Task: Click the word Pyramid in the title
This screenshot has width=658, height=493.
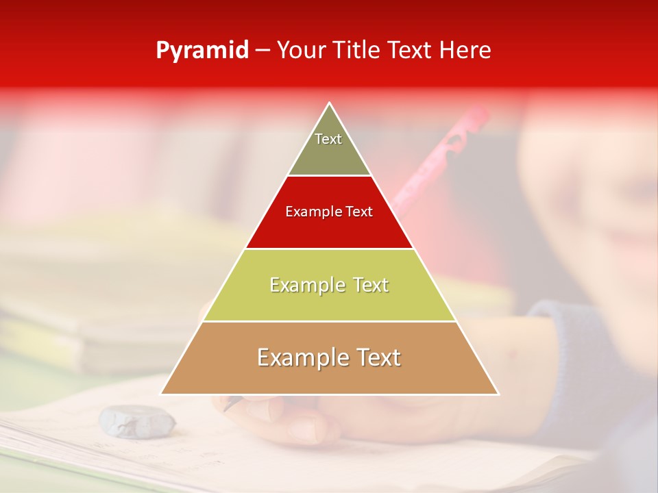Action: (202, 51)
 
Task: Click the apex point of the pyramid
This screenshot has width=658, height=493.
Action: (330, 104)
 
